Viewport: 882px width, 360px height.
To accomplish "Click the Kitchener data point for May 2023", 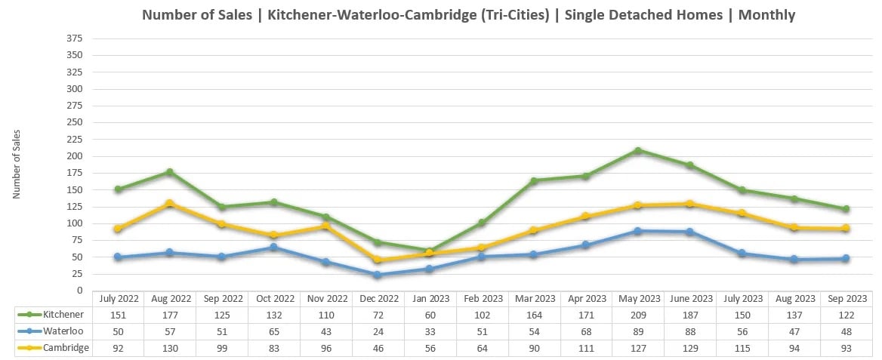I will coord(638,151).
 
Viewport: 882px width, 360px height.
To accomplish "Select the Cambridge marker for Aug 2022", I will coord(170,204).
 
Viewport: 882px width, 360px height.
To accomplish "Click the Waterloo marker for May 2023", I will coord(638,231).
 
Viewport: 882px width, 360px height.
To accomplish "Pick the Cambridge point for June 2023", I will coord(690,205).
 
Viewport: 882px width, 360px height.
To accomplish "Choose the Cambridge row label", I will coord(54,348).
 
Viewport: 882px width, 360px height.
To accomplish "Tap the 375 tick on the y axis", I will coord(74,38).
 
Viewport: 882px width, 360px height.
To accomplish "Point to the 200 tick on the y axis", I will coord(74,156).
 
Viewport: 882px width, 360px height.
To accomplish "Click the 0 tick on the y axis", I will coord(79,291).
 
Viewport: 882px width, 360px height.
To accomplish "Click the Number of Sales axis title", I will coord(17,165).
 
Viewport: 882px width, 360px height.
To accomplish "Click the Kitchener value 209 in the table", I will coord(638,313).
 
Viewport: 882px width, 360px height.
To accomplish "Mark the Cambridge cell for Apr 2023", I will coord(586,348).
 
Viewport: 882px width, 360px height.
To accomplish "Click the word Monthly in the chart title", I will coord(766,14).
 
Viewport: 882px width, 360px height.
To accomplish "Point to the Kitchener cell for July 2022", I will coord(118,313).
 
